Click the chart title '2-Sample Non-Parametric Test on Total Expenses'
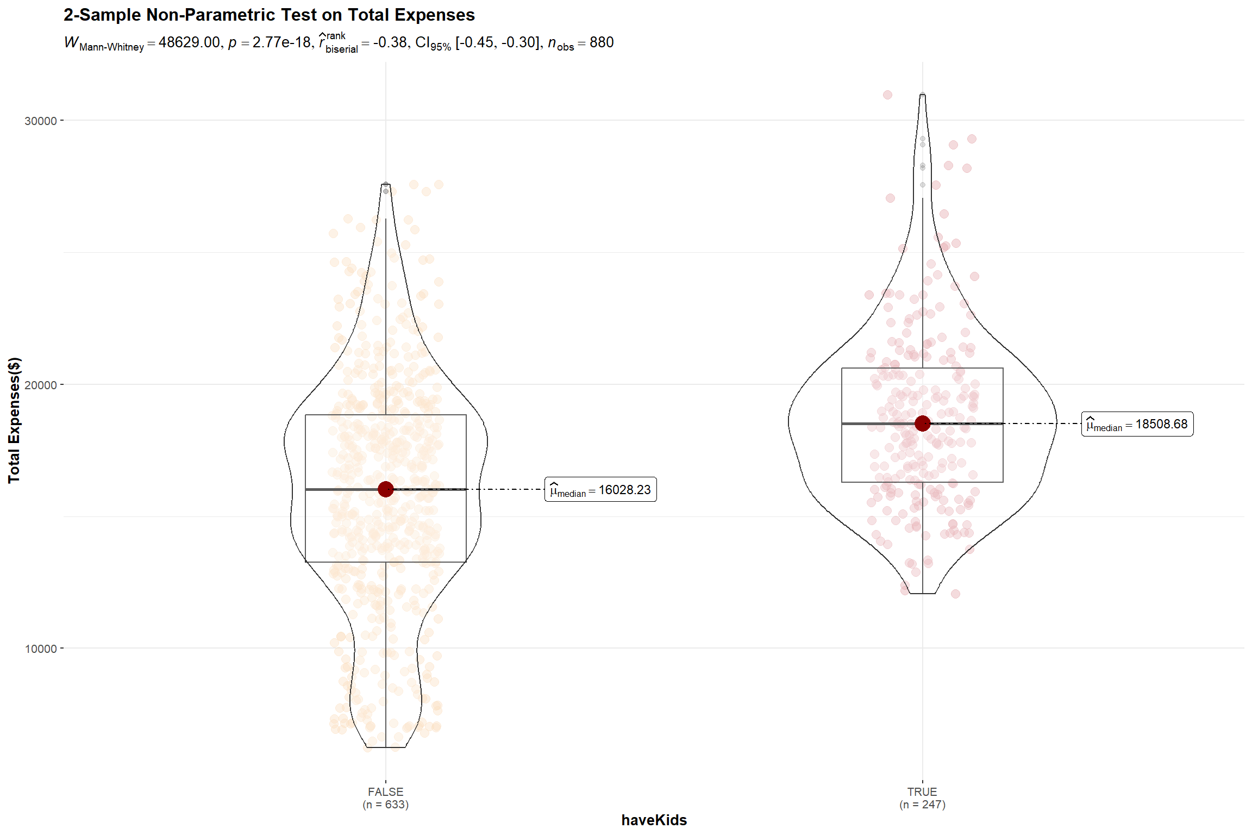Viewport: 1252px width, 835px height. click(269, 15)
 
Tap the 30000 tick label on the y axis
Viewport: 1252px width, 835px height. click(41, 121)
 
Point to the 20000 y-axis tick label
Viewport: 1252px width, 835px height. click(41, 385)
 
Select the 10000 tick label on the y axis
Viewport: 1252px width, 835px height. click(41, 649)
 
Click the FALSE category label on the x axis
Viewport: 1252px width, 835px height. click(385, 792)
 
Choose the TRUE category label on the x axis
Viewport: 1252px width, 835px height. click(922, 792)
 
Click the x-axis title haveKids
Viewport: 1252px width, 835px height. click(654, 820)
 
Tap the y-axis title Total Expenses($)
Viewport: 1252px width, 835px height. click(14, 420)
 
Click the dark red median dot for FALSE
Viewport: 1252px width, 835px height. click(386, 489)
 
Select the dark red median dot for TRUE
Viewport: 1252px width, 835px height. click(922, 423)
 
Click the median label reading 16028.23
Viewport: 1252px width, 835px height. click(600, 490)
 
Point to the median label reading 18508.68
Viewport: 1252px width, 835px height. click(1137, 424)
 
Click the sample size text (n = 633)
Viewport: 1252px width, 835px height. click(385, 805)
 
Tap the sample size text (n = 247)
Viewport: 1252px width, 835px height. click(922, 805)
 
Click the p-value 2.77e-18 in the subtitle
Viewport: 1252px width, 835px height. click(281, 42)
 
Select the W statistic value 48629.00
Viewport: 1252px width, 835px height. click(189, 42)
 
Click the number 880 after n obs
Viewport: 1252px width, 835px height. click(602, 42)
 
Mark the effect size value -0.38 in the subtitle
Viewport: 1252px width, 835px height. click(390, 42)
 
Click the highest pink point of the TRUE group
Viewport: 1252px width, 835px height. click(887, 95)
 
